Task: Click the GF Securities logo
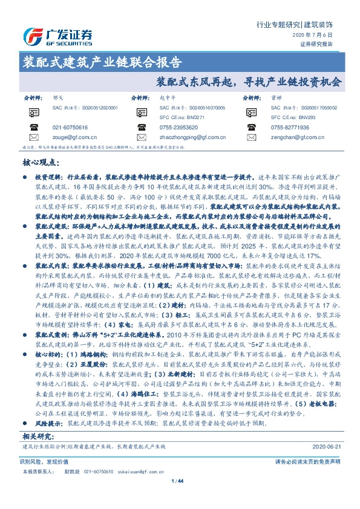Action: coord(57,36)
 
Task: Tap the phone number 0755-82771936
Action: coord(290,128)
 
